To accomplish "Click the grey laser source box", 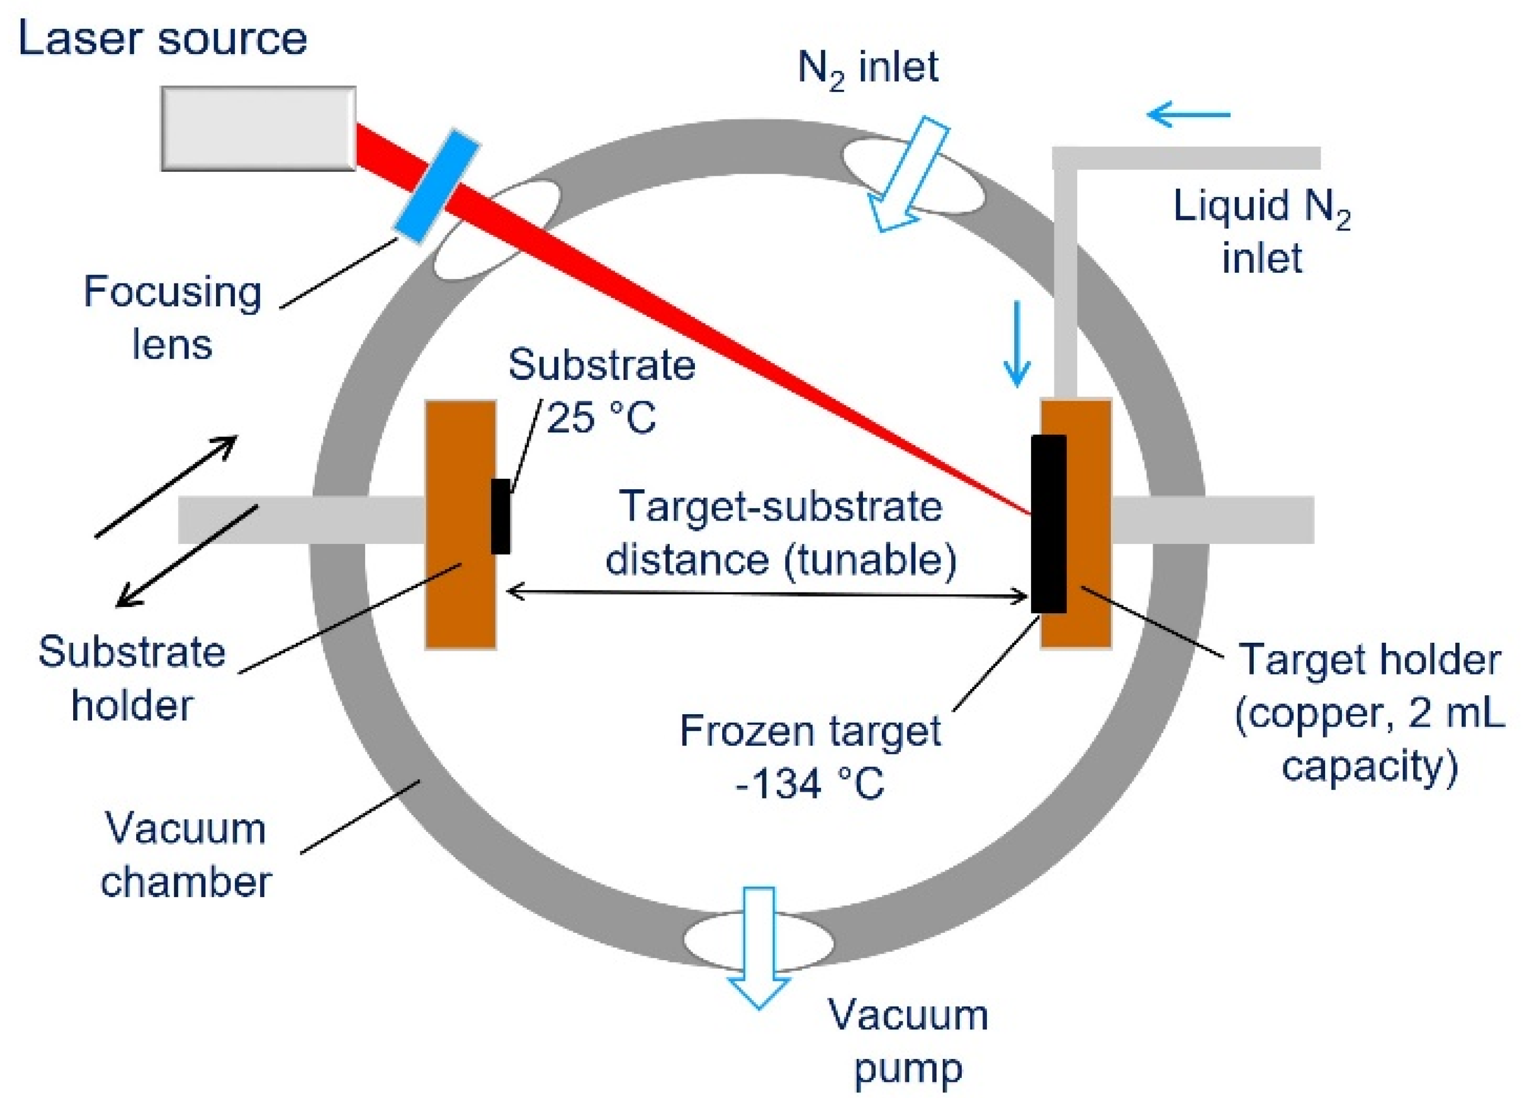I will (258, 128).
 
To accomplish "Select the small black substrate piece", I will (500, 516).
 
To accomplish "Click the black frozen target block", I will (1048, 523).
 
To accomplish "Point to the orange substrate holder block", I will (460, 524).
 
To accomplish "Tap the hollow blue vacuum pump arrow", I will (758, 947).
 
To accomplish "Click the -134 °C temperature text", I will (809, 784).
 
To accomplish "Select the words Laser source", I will (162, 38).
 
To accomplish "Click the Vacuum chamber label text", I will (185, 855).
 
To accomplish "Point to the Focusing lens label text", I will (172, 318).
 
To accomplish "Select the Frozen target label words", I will (809, 731).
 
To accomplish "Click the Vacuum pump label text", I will (908, 1041).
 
